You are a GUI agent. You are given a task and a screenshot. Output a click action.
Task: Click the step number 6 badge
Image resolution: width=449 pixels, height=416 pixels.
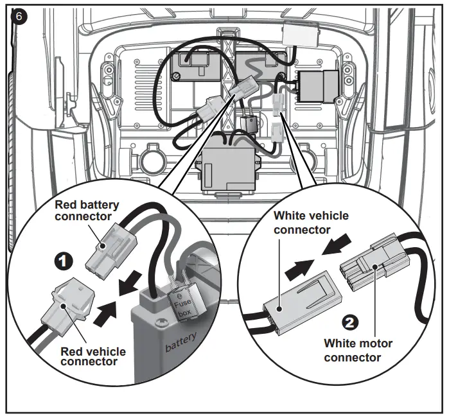(19, 17)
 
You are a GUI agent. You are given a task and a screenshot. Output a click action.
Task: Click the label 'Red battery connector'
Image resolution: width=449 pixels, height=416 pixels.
(87, 211)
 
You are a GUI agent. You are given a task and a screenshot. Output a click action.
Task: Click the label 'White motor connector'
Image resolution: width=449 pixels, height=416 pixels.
(358, 350)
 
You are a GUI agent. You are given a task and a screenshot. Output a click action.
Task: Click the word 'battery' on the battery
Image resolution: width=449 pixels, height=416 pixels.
(181, 347)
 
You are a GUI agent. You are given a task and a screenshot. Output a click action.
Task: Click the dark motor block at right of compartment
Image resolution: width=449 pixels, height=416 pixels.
(319, 85)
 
